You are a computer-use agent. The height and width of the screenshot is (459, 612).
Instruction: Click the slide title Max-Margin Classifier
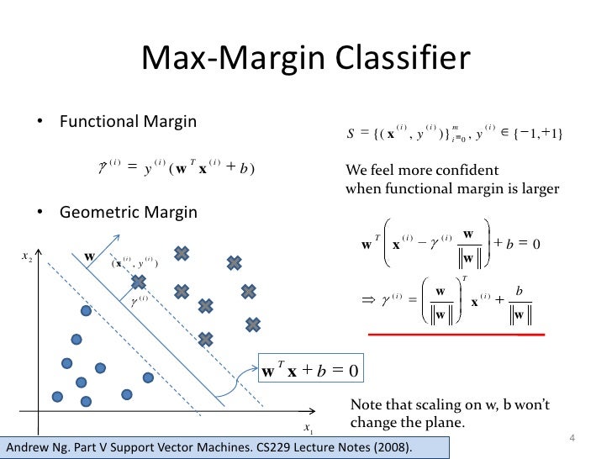coord(305,59)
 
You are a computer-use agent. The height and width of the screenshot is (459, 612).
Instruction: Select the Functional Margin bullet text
coord(128,122)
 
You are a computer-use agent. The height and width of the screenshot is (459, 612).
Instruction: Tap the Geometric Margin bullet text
coord(128,213)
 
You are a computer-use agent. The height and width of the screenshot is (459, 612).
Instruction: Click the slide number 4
coord(572,438)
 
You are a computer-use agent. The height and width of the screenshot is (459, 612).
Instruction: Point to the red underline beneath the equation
coord(457,334)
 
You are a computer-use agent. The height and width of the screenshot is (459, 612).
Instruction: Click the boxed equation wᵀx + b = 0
coord(311,369)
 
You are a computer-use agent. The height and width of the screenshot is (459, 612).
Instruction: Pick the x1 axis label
coord(309,430)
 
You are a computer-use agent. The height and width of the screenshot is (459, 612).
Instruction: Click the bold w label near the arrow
coord(88,256)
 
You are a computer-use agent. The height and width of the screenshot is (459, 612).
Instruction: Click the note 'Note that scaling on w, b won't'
coord(450,404)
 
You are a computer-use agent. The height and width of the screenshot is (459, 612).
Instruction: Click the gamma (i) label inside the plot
coord(139,298)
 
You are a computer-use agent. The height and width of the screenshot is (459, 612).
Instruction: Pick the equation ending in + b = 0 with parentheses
coord(451,245)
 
